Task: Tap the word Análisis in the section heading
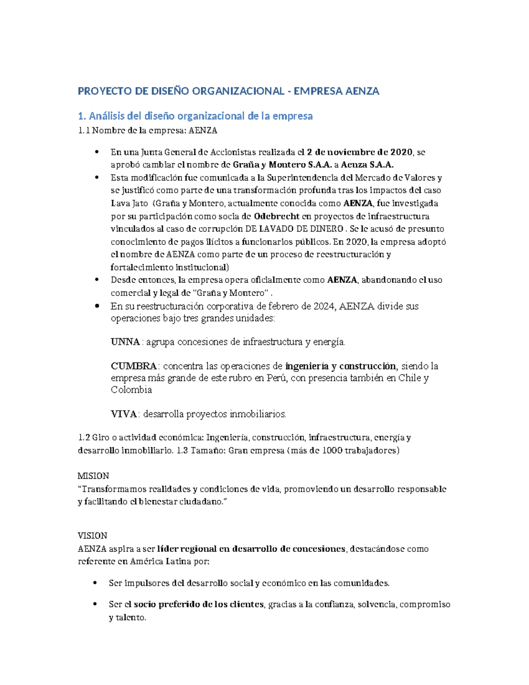[x=107, y=116]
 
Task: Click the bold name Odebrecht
[x=277, y=216]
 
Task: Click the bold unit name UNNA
[x=125, y=342]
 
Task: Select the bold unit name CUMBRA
[x=134, y=366]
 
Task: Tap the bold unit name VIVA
[x=123, y=414]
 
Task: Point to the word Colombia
[x=131, y=390]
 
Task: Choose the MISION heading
[x=93, y=476]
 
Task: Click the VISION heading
[x=92, y=536]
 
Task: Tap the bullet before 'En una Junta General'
[x=97, y=152]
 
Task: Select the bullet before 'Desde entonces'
[x=97, y=280]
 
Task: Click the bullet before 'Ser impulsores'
[x=95, y=583]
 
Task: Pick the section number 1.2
[x=84, y=438]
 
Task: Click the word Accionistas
[x=233, y=152]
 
